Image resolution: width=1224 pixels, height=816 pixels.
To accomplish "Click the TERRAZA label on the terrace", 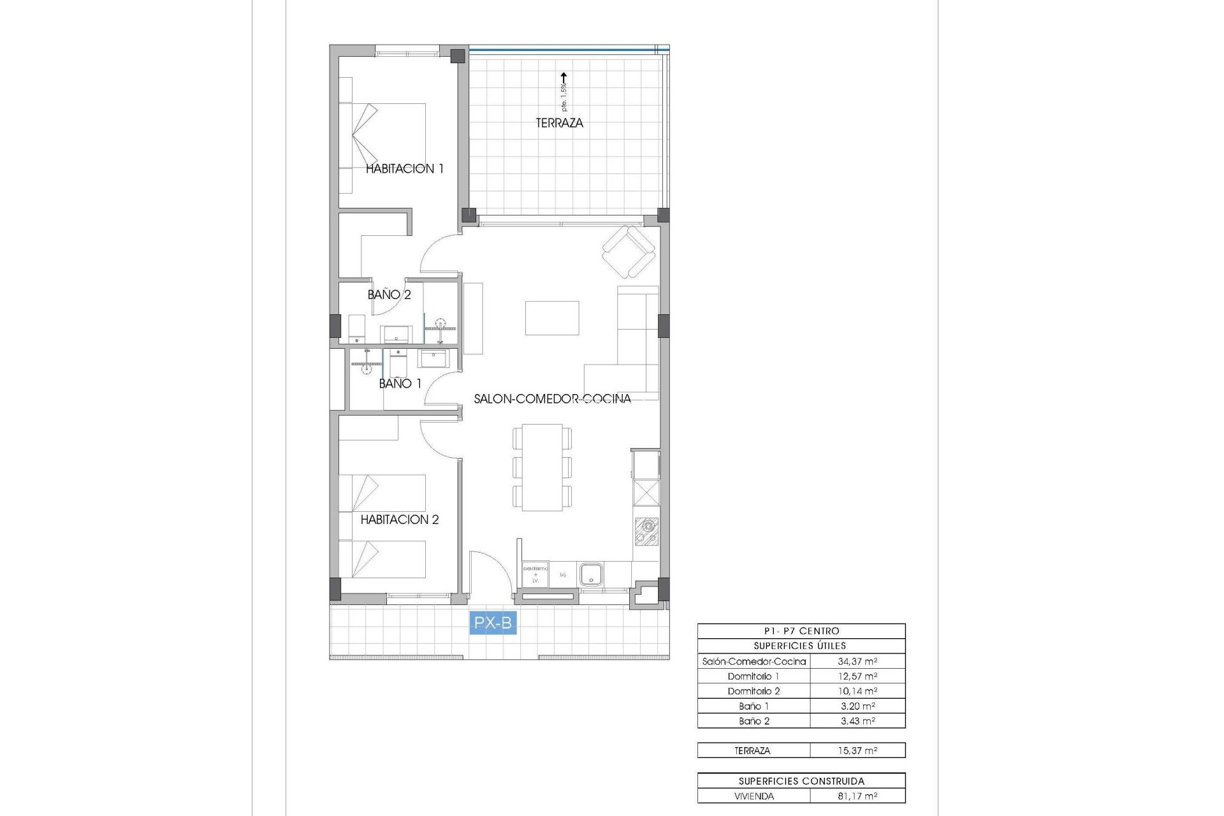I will click(x=559, y=123).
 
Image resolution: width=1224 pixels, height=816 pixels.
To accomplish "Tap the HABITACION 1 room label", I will click(x=404, y=169).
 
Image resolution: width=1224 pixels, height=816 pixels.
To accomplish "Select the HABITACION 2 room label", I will click(x=400, y=520).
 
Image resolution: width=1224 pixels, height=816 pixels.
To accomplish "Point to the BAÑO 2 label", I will click(x=389, y=295).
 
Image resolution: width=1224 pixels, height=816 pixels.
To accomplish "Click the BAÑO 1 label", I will click(x=400, y=384).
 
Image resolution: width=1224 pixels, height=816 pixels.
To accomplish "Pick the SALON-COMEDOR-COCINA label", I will click(x=552, y=399).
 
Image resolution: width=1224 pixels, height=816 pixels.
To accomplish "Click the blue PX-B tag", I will click(x=493, y=623).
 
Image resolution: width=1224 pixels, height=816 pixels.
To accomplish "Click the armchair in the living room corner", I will click(x=629, y=252).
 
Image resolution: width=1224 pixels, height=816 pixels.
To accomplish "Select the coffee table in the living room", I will click(x=552, y=318).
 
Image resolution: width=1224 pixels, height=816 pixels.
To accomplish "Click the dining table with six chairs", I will click(x=542, y=467).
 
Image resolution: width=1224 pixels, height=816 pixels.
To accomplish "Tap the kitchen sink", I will click(x=591, y=574).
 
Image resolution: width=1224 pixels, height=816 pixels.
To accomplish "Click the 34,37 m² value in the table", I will click(x=857, y=662).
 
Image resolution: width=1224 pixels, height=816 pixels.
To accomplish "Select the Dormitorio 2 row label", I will click(x=754, y=691).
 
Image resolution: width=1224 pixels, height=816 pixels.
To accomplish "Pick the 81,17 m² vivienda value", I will click(x=857, y=796).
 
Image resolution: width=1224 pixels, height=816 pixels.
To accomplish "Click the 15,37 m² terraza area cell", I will click(x=857, y=751).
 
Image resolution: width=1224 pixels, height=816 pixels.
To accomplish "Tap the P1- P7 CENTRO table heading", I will click(x=801, y=631).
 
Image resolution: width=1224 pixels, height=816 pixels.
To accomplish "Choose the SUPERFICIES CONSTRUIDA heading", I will click(x=801, y=781).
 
